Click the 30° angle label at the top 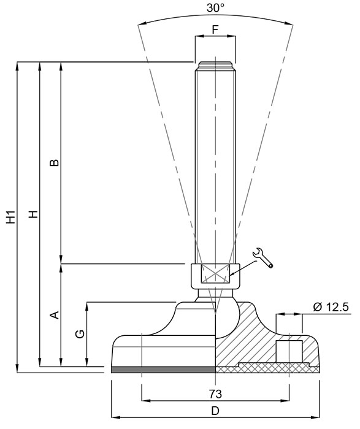coord(215,8)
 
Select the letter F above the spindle coord(215,29)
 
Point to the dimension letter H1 coord(10,218)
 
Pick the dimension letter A coord(53,315)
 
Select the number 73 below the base coord(215,393)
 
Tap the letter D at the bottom coord(215,411)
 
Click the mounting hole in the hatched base coord(289,351)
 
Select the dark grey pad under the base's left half coord(164,370)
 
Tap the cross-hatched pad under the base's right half coord(270,369)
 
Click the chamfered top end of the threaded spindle coord(215,64)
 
